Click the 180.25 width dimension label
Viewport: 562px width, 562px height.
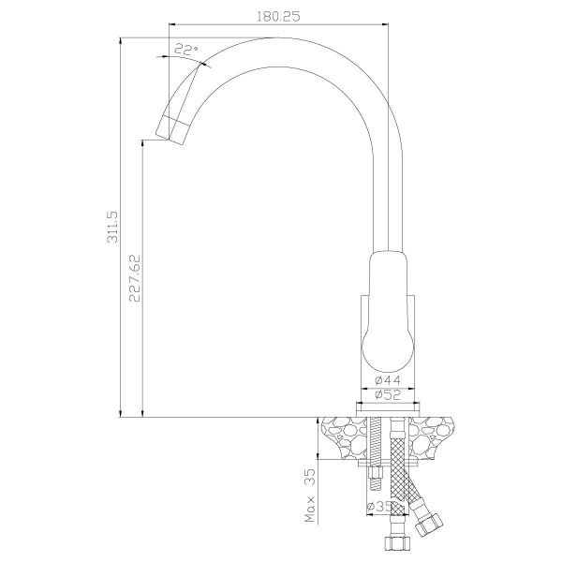278,17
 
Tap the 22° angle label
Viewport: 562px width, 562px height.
186,50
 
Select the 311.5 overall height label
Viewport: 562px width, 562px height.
112,227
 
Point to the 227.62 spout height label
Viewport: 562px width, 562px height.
135,278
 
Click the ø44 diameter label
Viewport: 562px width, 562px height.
388,380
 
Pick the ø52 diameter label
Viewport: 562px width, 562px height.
388,395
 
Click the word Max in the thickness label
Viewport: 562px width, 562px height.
310,509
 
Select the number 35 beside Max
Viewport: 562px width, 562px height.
310,477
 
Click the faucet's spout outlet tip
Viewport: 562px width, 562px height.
170,138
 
